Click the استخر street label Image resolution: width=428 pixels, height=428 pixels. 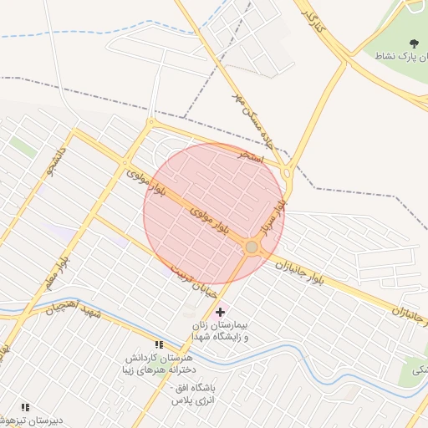251,156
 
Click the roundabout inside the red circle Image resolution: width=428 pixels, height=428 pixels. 252,247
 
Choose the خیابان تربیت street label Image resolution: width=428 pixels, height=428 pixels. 193,281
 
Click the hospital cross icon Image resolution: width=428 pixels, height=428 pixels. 220,311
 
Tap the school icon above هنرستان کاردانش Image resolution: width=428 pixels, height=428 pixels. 159,344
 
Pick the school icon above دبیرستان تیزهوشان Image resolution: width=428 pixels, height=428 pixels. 25,407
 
